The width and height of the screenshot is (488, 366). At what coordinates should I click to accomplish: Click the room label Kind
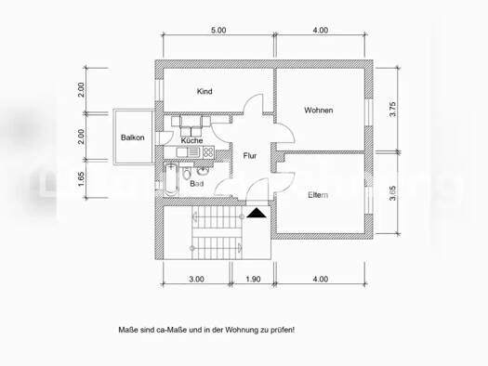coord(205,91)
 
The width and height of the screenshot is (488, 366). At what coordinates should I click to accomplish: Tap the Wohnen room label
coord(318,111)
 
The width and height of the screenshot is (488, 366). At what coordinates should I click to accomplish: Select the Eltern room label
coord(319,194)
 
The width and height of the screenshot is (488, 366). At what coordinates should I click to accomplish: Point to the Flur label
coord(250,156)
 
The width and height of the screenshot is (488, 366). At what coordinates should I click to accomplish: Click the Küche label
coord(192,139)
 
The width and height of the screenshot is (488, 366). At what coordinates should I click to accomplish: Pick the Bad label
coord(197,184)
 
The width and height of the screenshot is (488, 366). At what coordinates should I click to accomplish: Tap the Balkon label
coord(130,137)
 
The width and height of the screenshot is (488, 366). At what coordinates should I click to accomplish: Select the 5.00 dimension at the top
coord(218,31)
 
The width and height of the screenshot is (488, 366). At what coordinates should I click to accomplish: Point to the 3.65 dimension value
coord(394,192)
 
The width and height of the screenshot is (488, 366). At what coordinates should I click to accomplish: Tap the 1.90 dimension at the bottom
coord(252,280)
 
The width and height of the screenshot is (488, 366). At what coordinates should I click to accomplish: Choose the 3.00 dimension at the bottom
coord(196,280)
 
